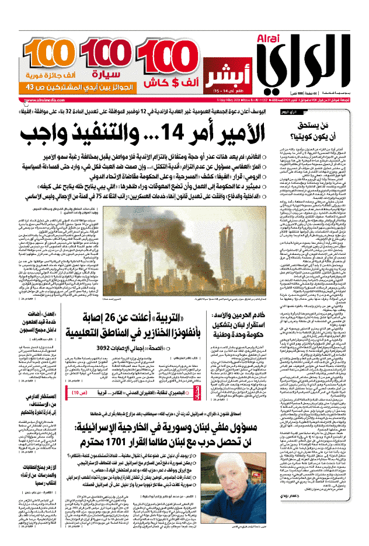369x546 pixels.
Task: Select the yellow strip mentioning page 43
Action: (61, 86)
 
